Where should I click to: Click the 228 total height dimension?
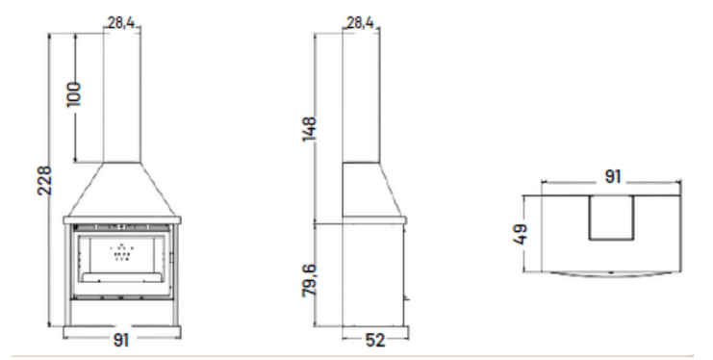pos(44,181)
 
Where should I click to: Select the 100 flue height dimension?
pos(74,94)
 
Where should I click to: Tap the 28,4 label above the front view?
pos(121,22)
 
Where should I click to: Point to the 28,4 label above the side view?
pos(360,22)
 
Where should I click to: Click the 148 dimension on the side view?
pos(309,129)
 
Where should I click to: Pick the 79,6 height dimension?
pos(309,280)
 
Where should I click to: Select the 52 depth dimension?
pos(375,340)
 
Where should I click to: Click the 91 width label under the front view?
pos(121,340)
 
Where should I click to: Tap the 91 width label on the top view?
pos(613,176)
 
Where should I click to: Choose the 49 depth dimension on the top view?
pos(521,234)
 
